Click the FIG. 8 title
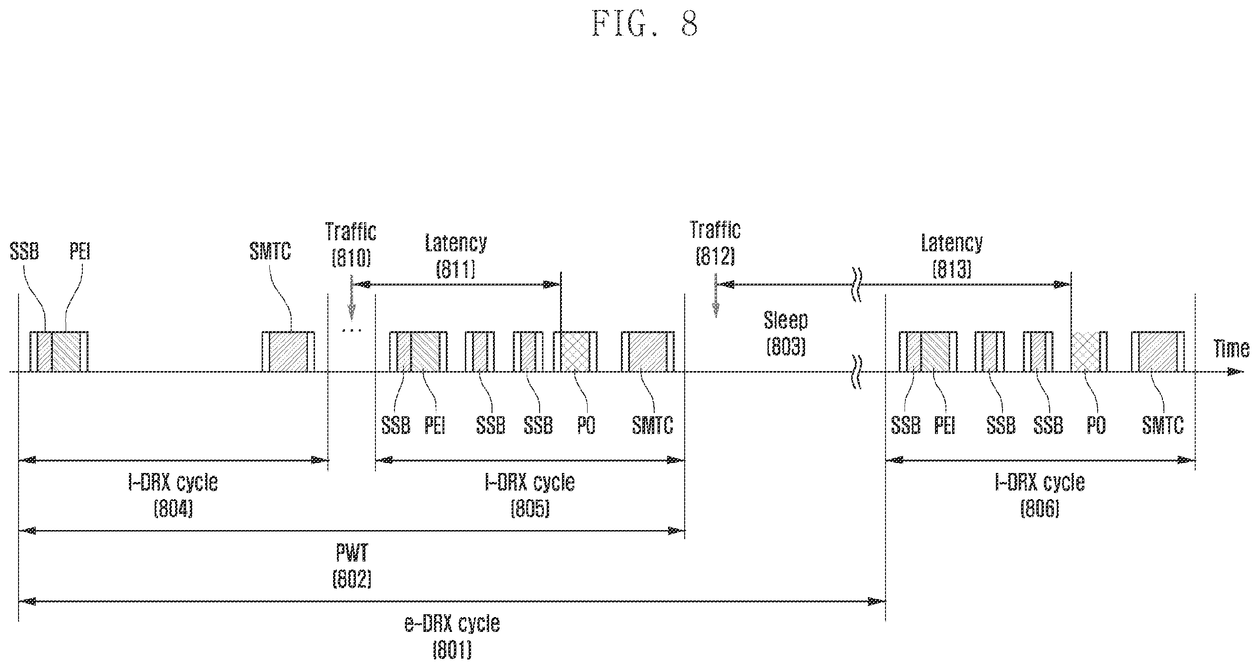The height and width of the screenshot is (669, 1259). coord(645,24)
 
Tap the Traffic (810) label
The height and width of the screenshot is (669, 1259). coord(351,245)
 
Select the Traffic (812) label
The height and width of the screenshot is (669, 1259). coord(715,243)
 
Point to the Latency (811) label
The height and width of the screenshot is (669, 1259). coord(455,256)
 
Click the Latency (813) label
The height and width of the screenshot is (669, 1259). coord(952,256)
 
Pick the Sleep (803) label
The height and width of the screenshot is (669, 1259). coord(786,333)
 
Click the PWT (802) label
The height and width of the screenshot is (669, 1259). coord(352,566)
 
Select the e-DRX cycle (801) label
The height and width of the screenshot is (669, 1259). coord(452,637)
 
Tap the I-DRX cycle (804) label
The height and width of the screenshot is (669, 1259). coord(173,495)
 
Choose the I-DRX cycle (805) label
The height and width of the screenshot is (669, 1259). coord(530,495)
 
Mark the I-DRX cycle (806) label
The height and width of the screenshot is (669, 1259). coord(1040,495)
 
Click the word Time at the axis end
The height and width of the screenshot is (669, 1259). coord(1231,349)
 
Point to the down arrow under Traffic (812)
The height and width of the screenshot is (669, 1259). coord(716,296)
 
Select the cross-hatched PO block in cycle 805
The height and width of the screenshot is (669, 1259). coord(575,352)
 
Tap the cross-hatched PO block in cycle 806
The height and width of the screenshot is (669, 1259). coord(1089,352)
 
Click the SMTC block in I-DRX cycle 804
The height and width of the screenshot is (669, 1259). coord(288,352)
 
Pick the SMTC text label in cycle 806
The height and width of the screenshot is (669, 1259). coord(1163,425)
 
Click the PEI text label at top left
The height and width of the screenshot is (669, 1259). coord(80,252)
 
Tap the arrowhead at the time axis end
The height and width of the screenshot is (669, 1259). coord(1237,372)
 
